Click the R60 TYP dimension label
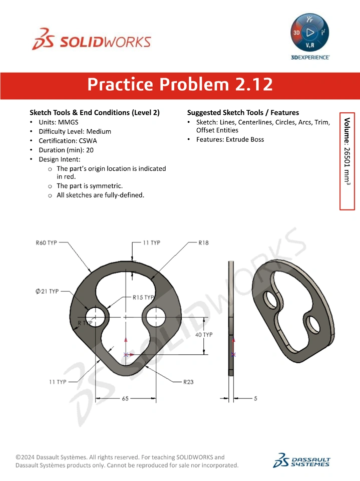(46, 243)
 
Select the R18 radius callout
(203, 243)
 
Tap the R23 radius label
(188, 382)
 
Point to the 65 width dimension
(125, 398)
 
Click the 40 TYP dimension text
(204, 335)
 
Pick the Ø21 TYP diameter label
(47, 291)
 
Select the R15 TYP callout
(143, 297)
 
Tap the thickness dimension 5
(255, 398)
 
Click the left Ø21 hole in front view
(95, 317)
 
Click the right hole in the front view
(156, 317)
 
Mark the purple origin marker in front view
(125, 355)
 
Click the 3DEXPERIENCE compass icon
(310, 32)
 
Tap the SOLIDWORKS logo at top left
(92, 39)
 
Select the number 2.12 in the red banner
(254, 84)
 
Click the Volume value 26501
(347, 157)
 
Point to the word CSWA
(88, 141)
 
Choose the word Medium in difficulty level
(99, 132)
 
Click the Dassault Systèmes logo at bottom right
(302, 460)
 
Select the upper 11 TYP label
(152, 243)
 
